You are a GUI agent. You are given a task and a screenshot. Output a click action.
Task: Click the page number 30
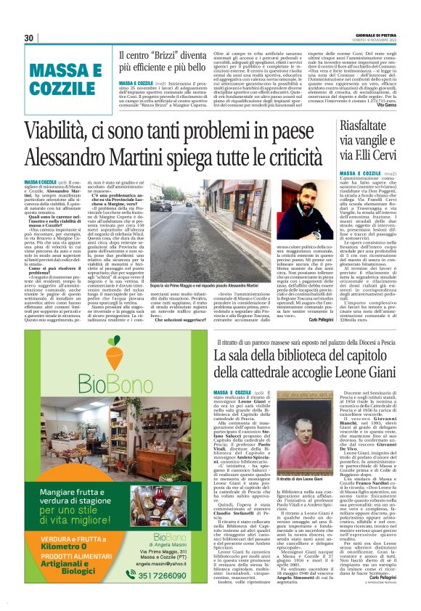28,38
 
